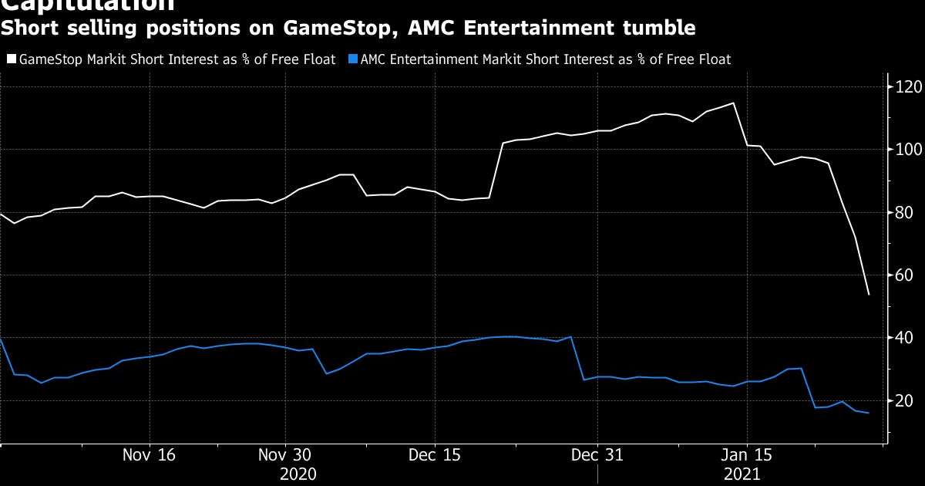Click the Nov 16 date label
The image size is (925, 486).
149,455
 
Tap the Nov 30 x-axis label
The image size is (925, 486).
284,455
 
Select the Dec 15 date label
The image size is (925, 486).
434,455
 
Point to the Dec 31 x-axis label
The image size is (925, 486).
597,455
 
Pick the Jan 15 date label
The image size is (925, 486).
746,455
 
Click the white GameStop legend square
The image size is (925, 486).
11,59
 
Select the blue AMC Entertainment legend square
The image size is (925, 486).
353,59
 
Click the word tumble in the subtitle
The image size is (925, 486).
661,29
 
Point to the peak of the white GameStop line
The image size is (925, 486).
732,103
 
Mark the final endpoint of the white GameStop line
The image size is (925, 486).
869,295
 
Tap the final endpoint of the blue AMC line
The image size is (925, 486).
869,413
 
